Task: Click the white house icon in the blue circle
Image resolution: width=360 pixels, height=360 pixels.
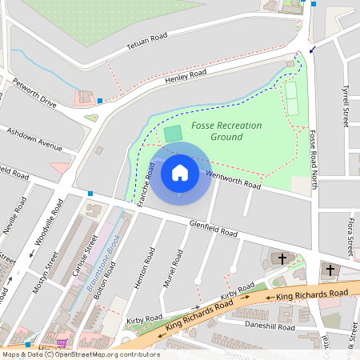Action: [180, 172]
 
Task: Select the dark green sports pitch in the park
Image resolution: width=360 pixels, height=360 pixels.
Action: [173, 133]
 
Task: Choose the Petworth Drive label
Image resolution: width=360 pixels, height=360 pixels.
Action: [34, 93]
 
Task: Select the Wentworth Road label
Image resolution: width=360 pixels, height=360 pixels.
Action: [234, 179]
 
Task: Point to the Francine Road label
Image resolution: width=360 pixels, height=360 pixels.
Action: [146, 186]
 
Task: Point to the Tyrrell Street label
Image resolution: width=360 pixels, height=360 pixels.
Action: [346, 108]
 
